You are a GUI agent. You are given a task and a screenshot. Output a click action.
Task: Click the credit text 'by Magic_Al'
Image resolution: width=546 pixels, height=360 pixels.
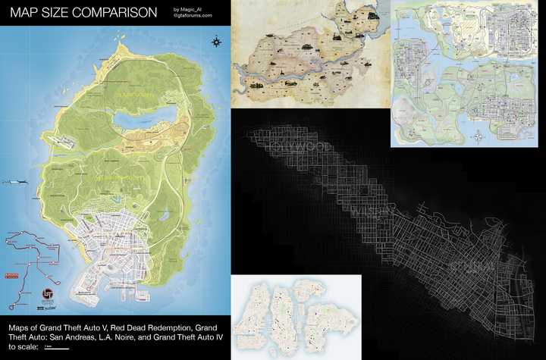188,9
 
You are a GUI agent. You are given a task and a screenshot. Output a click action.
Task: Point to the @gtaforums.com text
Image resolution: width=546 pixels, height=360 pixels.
193,16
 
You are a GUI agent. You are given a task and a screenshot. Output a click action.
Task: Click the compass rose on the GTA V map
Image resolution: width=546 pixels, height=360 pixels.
218,42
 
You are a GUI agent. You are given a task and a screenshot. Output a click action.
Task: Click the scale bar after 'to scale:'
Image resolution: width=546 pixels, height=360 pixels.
57,349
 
